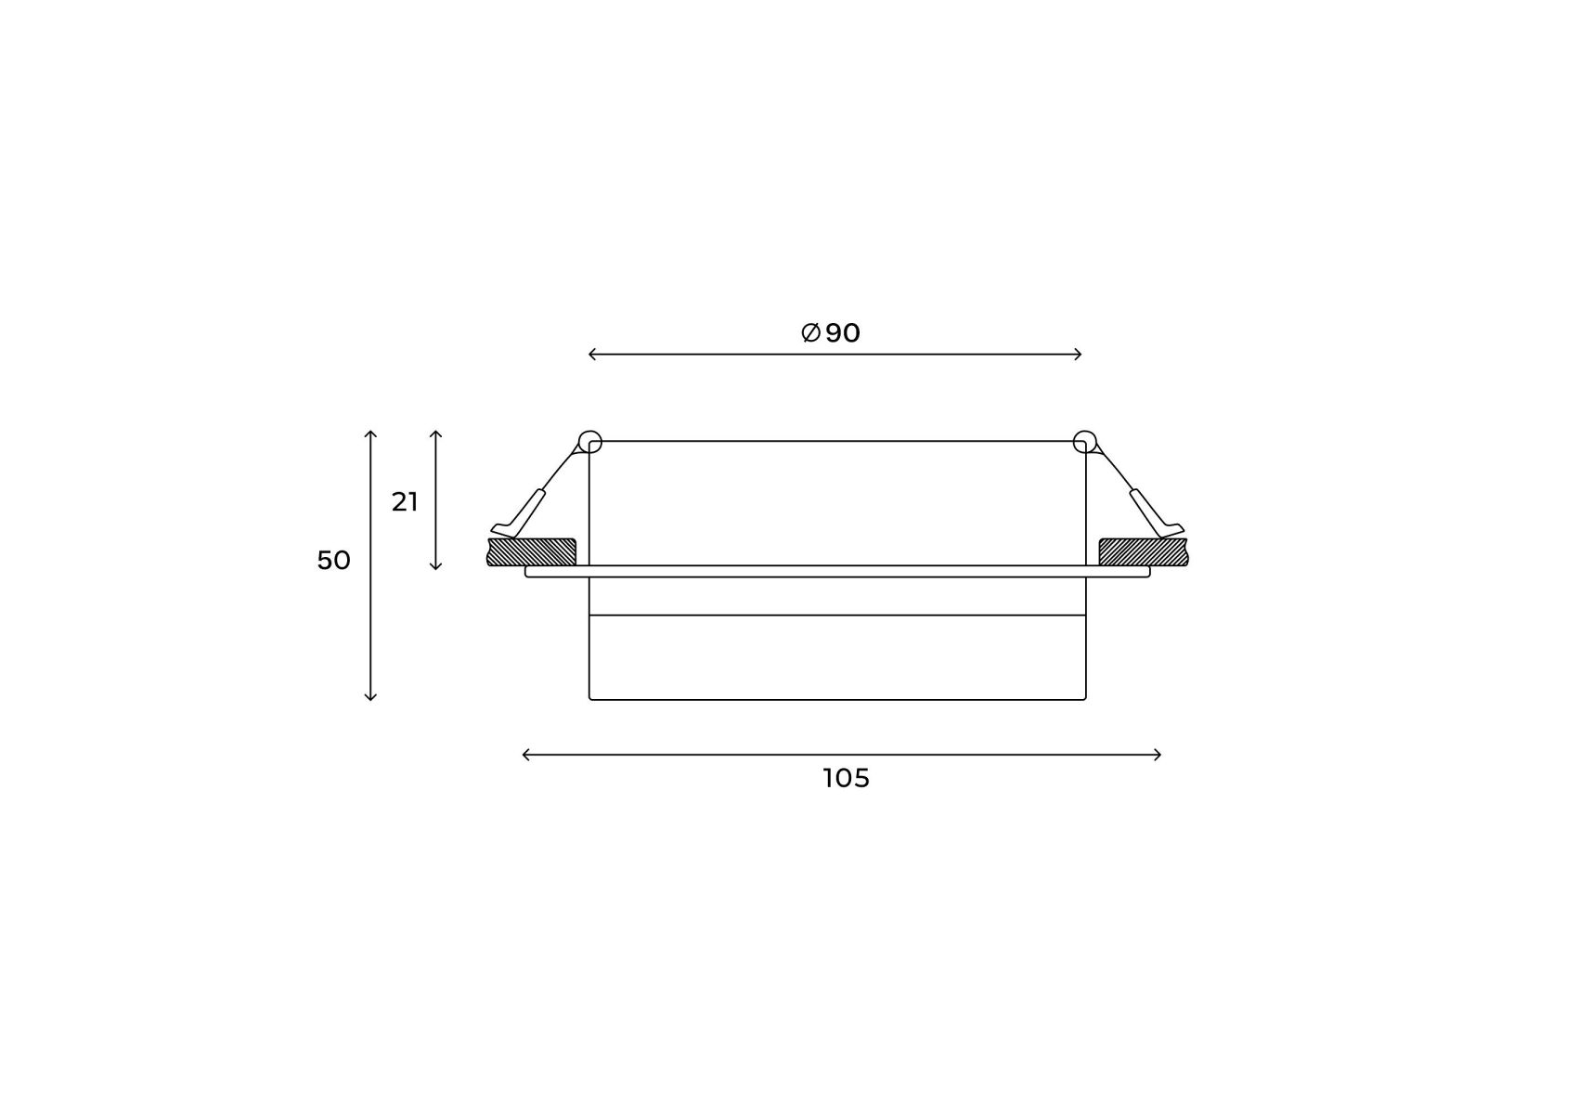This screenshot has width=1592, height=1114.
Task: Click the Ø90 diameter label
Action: pos(831,332)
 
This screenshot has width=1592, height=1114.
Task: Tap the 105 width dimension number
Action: pos(846,778)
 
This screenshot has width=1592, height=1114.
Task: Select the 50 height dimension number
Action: pos(333,561)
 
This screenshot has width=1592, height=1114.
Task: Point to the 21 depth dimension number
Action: pos(405,502)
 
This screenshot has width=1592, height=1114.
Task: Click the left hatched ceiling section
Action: pos(532,551)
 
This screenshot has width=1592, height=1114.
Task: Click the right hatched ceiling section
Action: pos(1144,551)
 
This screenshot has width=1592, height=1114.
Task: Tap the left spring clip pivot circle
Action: pos(589,442)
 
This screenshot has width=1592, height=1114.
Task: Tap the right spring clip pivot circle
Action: pos(1084,442)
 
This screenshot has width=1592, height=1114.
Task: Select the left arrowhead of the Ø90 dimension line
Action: pos(592,354)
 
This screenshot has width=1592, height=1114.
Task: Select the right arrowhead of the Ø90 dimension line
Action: pos(1079,354)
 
